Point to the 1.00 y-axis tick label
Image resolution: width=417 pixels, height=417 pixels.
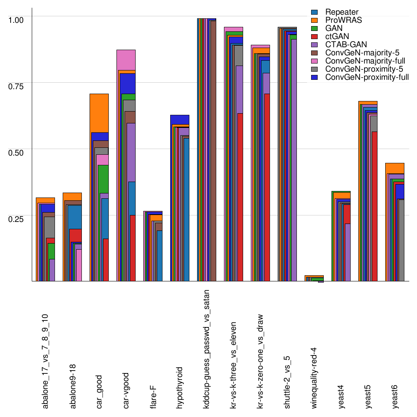coord(17,19)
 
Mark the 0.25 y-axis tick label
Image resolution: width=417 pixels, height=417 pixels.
coord(17,218)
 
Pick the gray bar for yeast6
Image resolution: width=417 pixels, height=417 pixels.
coord(401,240)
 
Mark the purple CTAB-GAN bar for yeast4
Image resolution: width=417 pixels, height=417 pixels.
coord(347,252)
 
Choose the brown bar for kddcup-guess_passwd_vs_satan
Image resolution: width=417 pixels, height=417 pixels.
coord(213,151)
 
